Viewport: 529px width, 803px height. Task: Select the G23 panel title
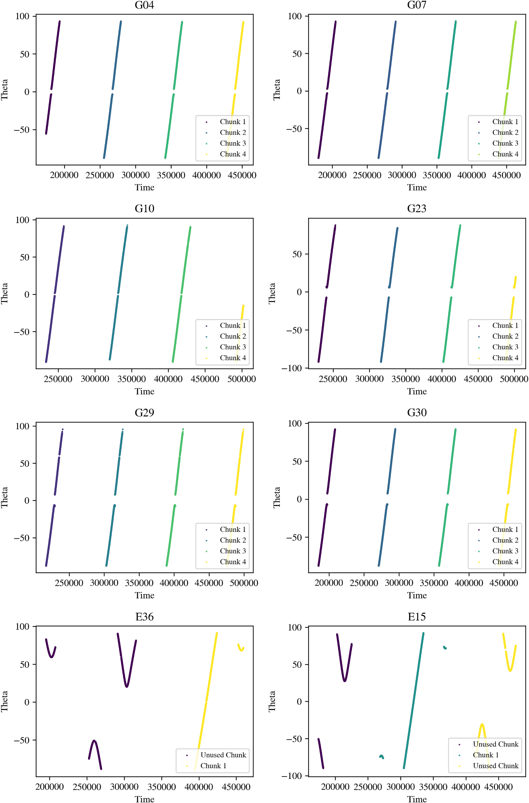point(417,209)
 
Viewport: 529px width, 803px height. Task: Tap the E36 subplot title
point(144,617)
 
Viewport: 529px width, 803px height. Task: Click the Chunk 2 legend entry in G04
point(233,132)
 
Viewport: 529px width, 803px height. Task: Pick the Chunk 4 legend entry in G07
point(505,154)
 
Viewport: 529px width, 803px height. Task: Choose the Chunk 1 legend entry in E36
point(213,766)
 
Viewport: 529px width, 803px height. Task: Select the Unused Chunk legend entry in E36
point(223,755)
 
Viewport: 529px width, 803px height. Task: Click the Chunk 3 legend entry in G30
point(505,551)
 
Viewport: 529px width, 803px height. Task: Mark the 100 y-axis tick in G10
point(22,220)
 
